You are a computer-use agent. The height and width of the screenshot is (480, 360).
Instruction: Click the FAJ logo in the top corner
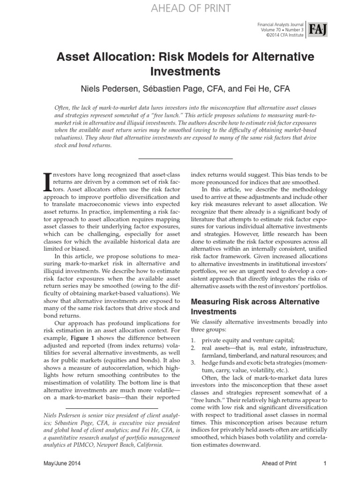(317, 30)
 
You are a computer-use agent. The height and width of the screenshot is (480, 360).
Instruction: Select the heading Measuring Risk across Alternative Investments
(255, 306)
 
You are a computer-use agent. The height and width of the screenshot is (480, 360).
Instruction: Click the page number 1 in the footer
(324, 464)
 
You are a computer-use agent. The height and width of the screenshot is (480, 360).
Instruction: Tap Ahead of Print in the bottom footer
(280, 464)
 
